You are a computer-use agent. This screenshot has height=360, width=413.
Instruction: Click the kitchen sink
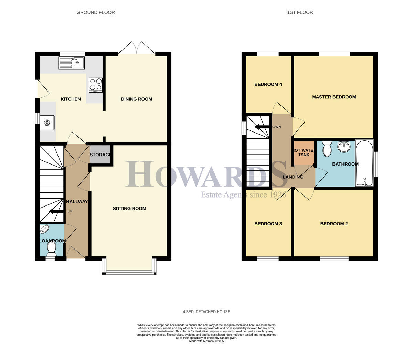pyautogui.click(x=71, y=63)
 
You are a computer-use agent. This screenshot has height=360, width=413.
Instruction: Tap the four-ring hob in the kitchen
pyautogui.click(x=96, y=85)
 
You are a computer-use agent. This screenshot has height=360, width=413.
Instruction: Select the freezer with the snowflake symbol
pyautogui.click(x=47, y=123)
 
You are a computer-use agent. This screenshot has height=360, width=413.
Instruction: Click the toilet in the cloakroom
pyautogui.click(x=51, y=248)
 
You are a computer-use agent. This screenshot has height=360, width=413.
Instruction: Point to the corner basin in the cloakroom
pyautogui.click(x=45, y=230)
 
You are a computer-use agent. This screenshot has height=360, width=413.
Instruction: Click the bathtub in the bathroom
pyautogui.click(x=364, y=163)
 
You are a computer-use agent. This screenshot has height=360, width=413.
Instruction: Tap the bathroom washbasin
pyautogui.click(x=343, y=147)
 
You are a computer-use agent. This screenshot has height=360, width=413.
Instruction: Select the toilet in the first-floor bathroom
pyautogui.click(x=326, y=148)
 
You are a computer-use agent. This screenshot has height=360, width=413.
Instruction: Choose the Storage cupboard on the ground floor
pyautogui.click(x=100, y=155)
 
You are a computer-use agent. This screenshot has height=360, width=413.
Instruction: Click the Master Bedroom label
pyautogui.click(x=334, y=97)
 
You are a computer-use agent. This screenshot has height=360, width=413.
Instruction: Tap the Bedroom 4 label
pyautogui.click(x=268, y=84)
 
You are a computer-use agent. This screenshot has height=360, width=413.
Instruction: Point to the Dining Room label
pyautogui.click(x=136, y=99)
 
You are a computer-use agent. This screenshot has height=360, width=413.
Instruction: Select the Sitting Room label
pyautogui.click(x=129, y=208)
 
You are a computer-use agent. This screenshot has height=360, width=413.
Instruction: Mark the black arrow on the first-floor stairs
pyautogui.click(x=262, y=127)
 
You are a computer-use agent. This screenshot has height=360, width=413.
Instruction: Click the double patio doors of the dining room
pyautogui.click(x=137, y=48)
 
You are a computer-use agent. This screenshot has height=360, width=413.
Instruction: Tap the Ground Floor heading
pyautogui.click(x=96, y=12)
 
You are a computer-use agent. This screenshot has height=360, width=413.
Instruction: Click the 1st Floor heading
pyautogui.click(x=300, y=12)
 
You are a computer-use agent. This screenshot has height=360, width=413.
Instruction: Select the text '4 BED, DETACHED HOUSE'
pyautogui.click(x=206, y=311)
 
